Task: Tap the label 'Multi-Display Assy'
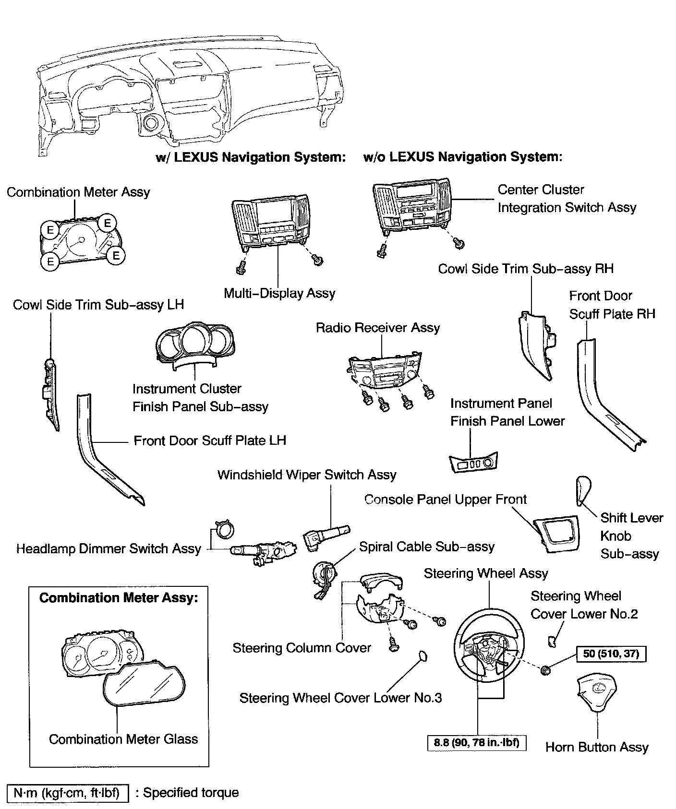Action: point(279,293)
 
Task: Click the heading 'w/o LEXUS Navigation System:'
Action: point(463,157)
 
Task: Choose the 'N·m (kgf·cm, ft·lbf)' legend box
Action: point(68,793)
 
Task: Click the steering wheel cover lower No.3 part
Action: point(422,656)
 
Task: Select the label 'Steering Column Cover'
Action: point(302,648)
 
